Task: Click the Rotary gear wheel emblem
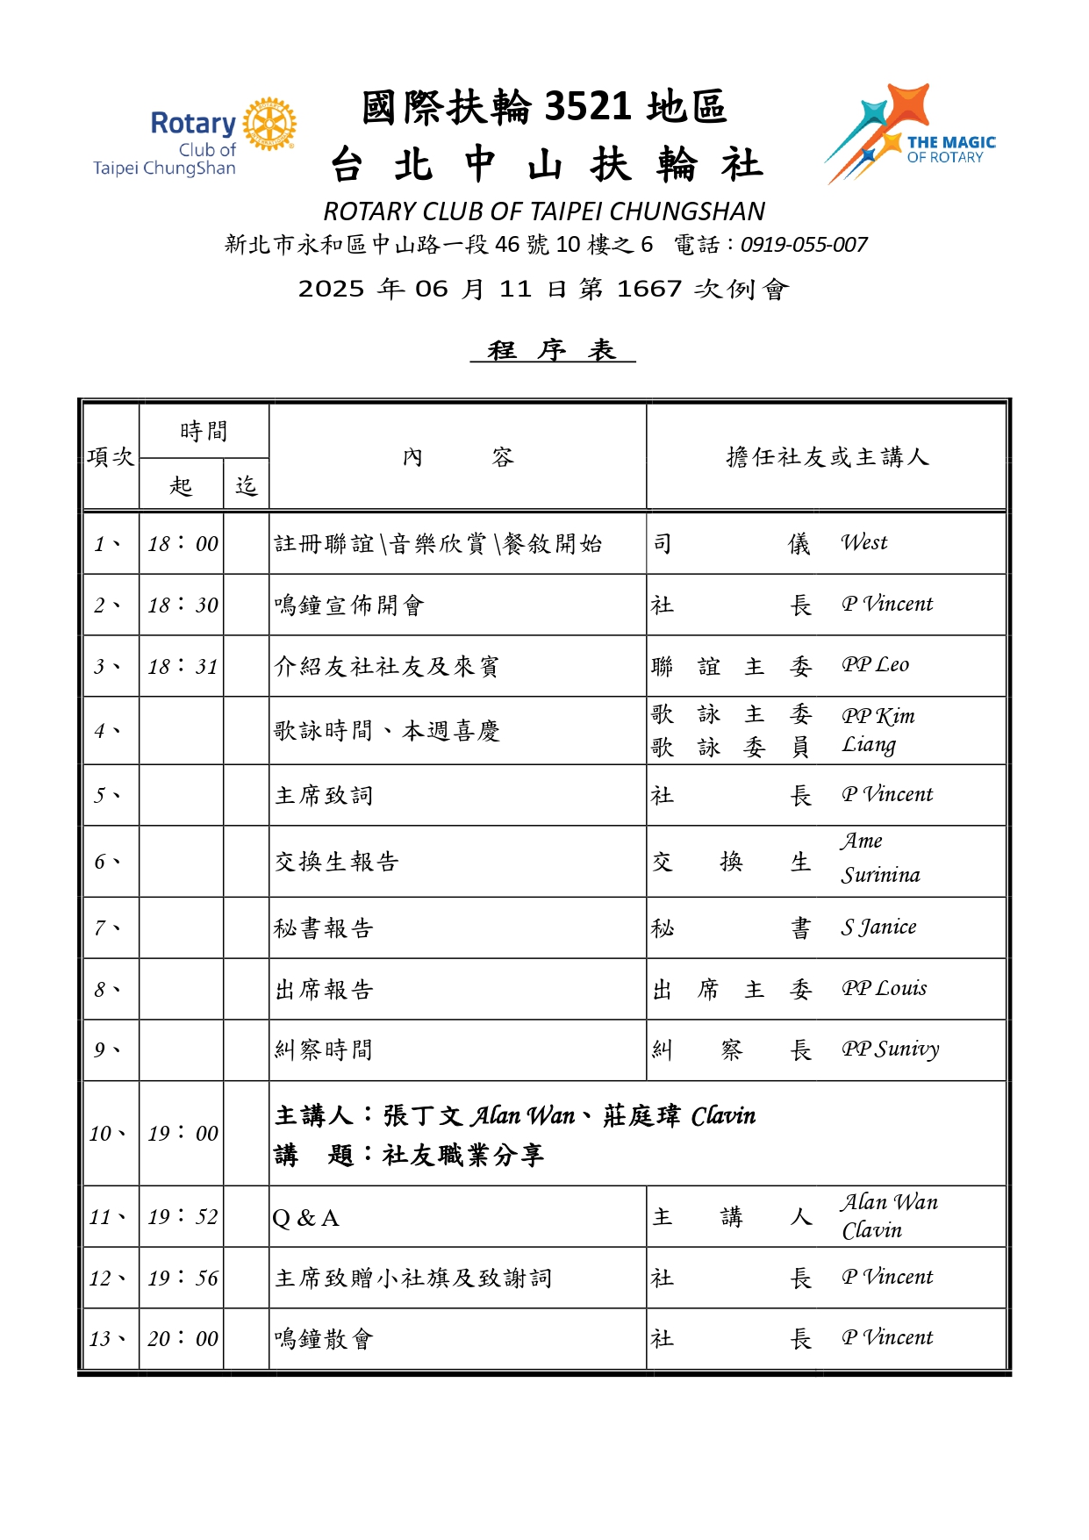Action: (269, 125)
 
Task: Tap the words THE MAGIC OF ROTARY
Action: (950, 149)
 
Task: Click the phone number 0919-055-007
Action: (804, 245)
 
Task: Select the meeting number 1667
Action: (649, 289)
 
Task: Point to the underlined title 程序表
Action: (552, 350)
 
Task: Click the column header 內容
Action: (457, 457)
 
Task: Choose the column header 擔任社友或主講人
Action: (827, 457)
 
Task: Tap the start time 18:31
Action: (183, 667)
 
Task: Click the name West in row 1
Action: (864, 543)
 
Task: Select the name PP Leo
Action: (875, 665)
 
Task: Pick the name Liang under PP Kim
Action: (869, 745)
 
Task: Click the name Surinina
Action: (880, 875)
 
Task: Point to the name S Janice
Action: (878, 928)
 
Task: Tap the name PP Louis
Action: (884, 989)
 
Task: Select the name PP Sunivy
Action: (890, 1049)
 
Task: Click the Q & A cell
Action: (306, 1218)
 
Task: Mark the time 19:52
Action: (183, 1217)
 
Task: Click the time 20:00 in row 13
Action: (183, 1339)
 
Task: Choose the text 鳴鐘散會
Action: (324, 1339)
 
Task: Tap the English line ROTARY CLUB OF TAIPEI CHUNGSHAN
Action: (544, 211)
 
